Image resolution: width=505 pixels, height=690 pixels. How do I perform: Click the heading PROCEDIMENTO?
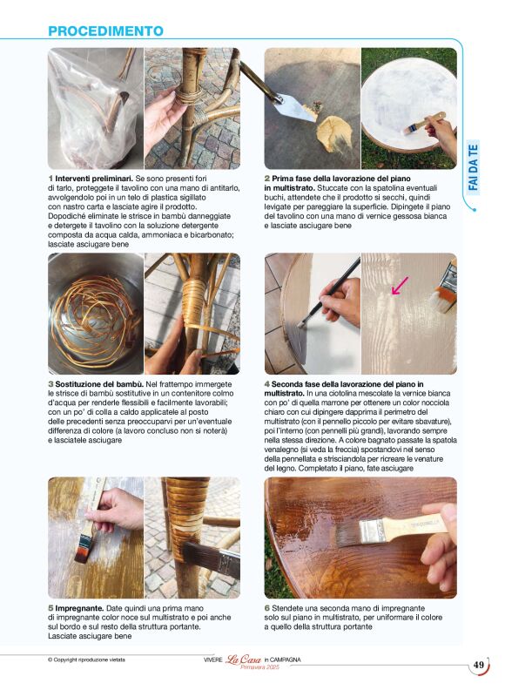[105, 31]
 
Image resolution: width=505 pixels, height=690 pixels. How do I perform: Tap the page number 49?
[479, 666]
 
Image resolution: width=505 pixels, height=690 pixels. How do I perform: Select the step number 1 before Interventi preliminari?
[50, 178]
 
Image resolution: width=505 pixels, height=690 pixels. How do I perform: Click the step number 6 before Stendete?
[266, 607]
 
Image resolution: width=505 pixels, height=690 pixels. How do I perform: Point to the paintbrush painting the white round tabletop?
[418, 127]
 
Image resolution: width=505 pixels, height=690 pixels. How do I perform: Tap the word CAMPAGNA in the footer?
[284, 660]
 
